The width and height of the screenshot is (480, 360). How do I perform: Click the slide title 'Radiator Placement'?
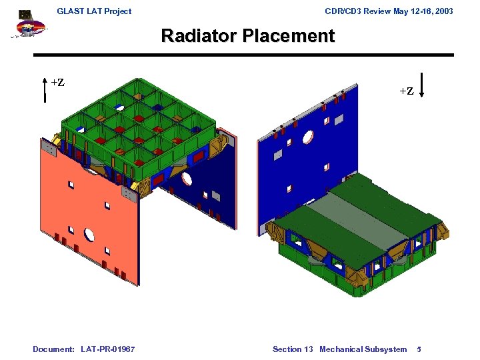[x=247, y=36]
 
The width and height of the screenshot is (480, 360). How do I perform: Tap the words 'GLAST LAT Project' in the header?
[x=94, y=11]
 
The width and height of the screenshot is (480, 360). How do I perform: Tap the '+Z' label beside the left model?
[x=58, y=83]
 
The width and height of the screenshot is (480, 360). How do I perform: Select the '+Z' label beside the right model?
[x=407, y=91]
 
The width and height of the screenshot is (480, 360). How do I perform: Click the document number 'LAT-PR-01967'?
[x=107, y=349]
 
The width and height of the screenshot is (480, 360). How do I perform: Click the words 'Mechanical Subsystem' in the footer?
[x=363, y=349]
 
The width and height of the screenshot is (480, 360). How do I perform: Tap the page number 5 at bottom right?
[x=418, y=349]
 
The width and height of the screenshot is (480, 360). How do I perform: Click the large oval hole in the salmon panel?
[x=89, y=234]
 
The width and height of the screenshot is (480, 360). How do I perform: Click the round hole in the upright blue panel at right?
[x=308, y=137]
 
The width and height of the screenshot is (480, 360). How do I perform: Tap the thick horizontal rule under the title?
[x=243, y=55]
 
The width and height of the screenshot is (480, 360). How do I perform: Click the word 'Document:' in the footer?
[x=53, y=349]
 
